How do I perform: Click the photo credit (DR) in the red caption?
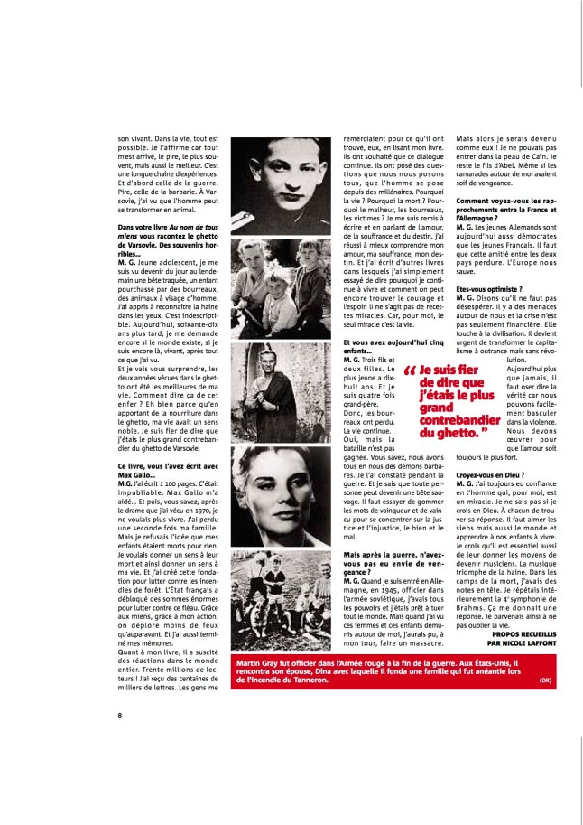point(548,680)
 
